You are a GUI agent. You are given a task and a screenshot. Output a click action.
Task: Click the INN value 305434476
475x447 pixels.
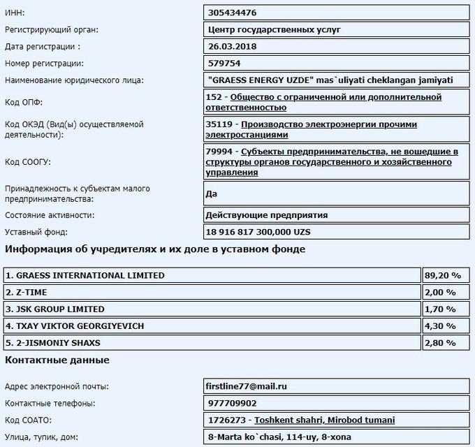pos(232,12)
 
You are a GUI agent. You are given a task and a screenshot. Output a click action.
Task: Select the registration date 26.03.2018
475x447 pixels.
pos(232,46)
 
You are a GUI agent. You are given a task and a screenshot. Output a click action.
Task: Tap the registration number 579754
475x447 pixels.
pos(225,63)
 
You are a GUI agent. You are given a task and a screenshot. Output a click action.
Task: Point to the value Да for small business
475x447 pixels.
pos(213,193)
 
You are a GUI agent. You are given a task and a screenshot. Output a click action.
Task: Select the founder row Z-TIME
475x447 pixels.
pos(28,292)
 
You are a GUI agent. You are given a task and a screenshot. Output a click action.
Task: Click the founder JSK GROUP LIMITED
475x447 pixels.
pos(56,309)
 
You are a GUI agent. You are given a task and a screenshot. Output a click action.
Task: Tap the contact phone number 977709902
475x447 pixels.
pos(233,403)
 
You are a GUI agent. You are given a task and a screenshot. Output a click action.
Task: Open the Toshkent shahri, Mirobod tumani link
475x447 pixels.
pos(324,420)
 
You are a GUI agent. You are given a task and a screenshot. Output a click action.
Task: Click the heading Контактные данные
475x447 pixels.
pos(57,360)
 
